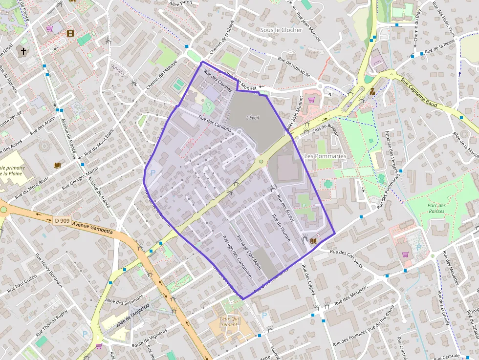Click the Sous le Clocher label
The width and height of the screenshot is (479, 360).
point(281,30)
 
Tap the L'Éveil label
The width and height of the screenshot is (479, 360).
point(252,117)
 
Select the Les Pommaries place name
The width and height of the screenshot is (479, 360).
point(325,156)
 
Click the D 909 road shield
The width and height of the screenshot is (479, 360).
point(62,221)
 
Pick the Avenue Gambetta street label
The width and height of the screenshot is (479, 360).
point(92,228)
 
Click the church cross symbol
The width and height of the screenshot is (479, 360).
point(23,50)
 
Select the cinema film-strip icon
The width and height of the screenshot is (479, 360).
point(71,33)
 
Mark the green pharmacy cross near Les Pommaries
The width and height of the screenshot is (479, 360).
point(328,184)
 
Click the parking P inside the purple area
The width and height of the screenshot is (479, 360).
point(153,172)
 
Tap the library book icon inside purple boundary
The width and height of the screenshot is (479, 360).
point(313,241)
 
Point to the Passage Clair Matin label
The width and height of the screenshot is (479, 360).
point(249,254)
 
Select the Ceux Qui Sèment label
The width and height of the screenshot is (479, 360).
point(229,321)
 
